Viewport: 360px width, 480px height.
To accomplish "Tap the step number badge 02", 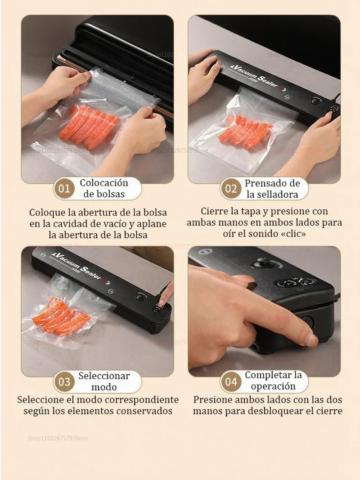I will [231, 189].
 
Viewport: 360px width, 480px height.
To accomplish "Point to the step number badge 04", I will [231, 382].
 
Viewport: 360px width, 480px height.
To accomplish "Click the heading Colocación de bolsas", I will [104, 189].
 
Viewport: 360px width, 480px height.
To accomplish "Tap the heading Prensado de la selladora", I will [272, 189].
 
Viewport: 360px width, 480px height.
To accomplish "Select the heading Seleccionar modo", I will [104, 381].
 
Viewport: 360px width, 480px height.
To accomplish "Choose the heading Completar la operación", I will [273, 381].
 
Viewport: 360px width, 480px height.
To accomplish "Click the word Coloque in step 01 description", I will [47, 212].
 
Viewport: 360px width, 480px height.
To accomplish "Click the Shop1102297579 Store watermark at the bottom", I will [58, 438].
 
